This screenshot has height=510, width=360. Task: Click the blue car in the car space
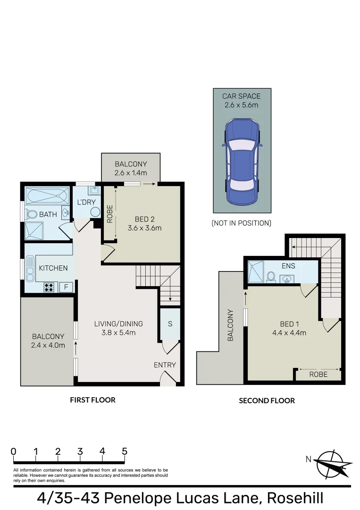242,162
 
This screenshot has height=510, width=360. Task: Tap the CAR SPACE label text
241,96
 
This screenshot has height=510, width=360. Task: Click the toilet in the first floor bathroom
32,214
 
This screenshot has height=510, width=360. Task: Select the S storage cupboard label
170,324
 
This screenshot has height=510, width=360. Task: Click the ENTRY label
165,365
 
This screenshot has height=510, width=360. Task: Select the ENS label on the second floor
288,266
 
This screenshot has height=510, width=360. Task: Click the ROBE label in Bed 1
318,374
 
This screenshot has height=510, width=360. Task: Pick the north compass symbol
334,463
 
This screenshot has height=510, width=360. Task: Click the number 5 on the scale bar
125,451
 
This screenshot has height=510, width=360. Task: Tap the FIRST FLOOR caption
92,399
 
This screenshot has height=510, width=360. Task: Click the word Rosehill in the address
295,498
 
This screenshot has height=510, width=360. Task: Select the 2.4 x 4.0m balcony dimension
48,345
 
